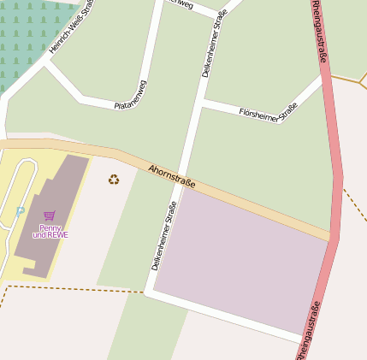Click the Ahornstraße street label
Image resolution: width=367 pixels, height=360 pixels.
point(172,177)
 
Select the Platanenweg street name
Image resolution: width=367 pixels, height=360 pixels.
point(131,94)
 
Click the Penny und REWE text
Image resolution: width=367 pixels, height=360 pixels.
point(50,231)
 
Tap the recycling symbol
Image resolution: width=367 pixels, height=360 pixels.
point(114,179)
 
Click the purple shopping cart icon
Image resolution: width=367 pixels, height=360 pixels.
point(49,215)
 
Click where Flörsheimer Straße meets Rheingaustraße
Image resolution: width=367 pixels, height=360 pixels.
point(325,80)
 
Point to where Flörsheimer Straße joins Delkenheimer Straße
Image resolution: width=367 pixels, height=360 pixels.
point(202,103)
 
